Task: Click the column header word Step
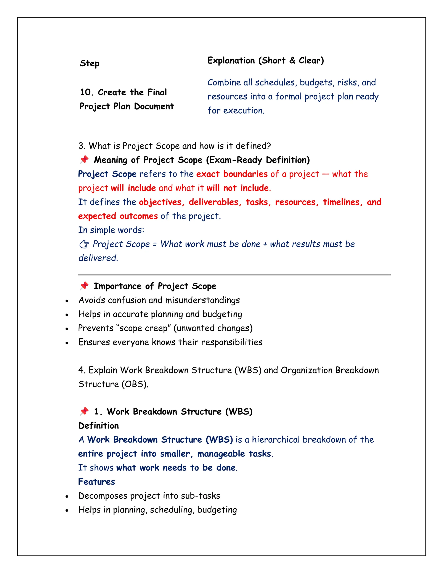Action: [90, 64]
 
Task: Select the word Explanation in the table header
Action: [231, 61]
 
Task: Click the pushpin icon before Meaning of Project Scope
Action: [84, 160]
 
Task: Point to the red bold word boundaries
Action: [245, 174]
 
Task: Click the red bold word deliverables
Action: [213, 202]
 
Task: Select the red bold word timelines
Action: [341, 202]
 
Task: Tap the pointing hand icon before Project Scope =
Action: [84, 244]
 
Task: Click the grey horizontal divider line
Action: [234, 275]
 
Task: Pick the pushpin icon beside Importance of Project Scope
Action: [84, 285]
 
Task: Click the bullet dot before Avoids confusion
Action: [67, 301]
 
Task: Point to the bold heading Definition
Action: [98, 426]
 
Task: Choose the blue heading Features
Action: [96, 482]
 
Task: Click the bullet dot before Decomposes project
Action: [67, 497]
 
